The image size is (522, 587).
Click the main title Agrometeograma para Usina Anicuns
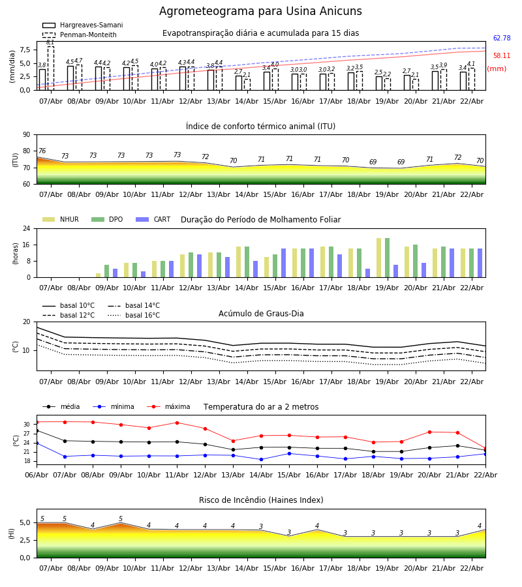tap(260, 12)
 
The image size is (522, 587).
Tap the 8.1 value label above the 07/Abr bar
tap(50, 42)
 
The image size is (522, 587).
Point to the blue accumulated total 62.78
tap(502, 38)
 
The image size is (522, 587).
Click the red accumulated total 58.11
tap(502, 56)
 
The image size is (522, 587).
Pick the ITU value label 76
tap(42, 151)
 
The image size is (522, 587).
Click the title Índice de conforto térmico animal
tap(260, 127)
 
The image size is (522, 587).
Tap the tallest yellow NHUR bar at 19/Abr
tap(378, 258)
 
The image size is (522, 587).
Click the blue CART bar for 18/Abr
tap(367, 273)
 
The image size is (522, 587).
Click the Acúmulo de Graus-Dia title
tap(261, 314)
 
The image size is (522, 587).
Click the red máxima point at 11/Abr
tap(176, 423)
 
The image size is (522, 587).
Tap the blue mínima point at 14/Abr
tap(261, 459)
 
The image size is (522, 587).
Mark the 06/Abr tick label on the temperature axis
tap(37, 474)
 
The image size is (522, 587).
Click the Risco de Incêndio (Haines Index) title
tap(261, 500)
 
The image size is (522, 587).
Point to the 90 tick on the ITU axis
tap(26, 135)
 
